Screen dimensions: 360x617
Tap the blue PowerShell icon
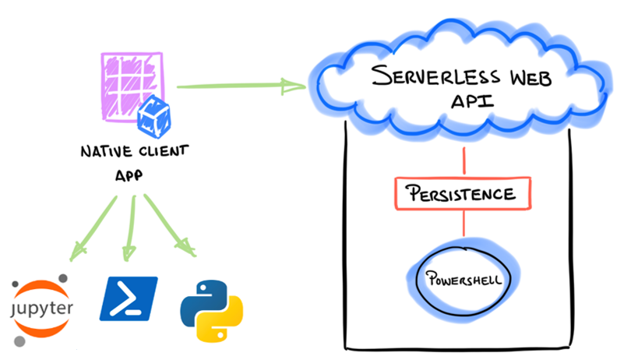128,298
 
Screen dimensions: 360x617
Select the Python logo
209,308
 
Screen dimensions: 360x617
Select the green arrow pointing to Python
170,228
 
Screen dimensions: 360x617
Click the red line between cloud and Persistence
464,161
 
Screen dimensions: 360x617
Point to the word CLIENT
157,151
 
